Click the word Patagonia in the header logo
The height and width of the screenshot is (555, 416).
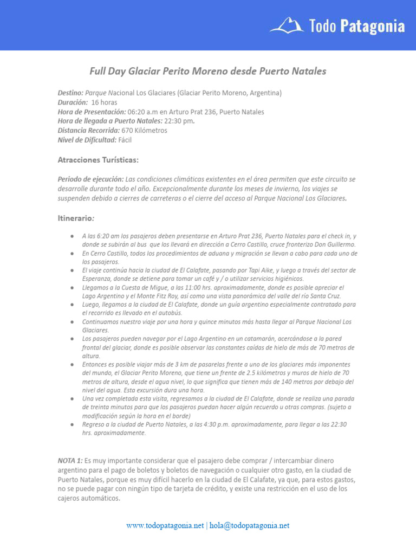coord(372,25)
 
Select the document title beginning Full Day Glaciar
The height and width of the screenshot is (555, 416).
coord(208,71)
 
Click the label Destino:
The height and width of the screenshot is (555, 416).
coord(70,93)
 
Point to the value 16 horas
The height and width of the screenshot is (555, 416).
coord(104,102)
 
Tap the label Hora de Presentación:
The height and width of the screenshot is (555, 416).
coord(92,112)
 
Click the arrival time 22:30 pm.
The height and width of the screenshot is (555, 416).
coord(179,121)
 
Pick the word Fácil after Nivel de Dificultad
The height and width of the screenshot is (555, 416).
coord(125,139)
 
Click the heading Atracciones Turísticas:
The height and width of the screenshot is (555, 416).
coord(98,160)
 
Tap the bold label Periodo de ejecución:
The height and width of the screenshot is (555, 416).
coord(90,179)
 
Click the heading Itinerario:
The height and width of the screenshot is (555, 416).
coord(76,217)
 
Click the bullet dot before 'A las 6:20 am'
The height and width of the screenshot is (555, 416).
coord(72,236)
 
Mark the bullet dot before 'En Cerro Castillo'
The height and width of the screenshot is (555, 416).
coord(72,253)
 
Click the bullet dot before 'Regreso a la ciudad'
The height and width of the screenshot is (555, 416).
coord(72,424)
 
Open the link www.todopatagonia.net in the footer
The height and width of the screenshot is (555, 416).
coord(165,525)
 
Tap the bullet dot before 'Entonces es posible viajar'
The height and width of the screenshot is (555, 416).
coord(72,365)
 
